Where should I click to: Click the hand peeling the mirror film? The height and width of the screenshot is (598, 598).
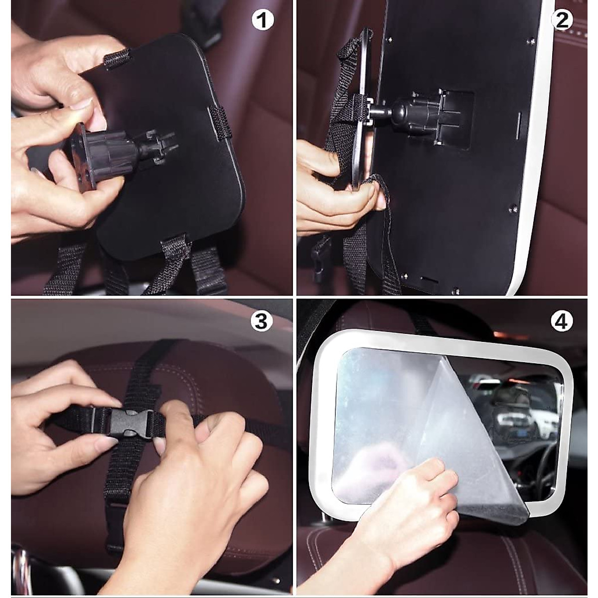409,503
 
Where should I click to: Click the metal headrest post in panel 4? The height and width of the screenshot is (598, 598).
326,521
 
